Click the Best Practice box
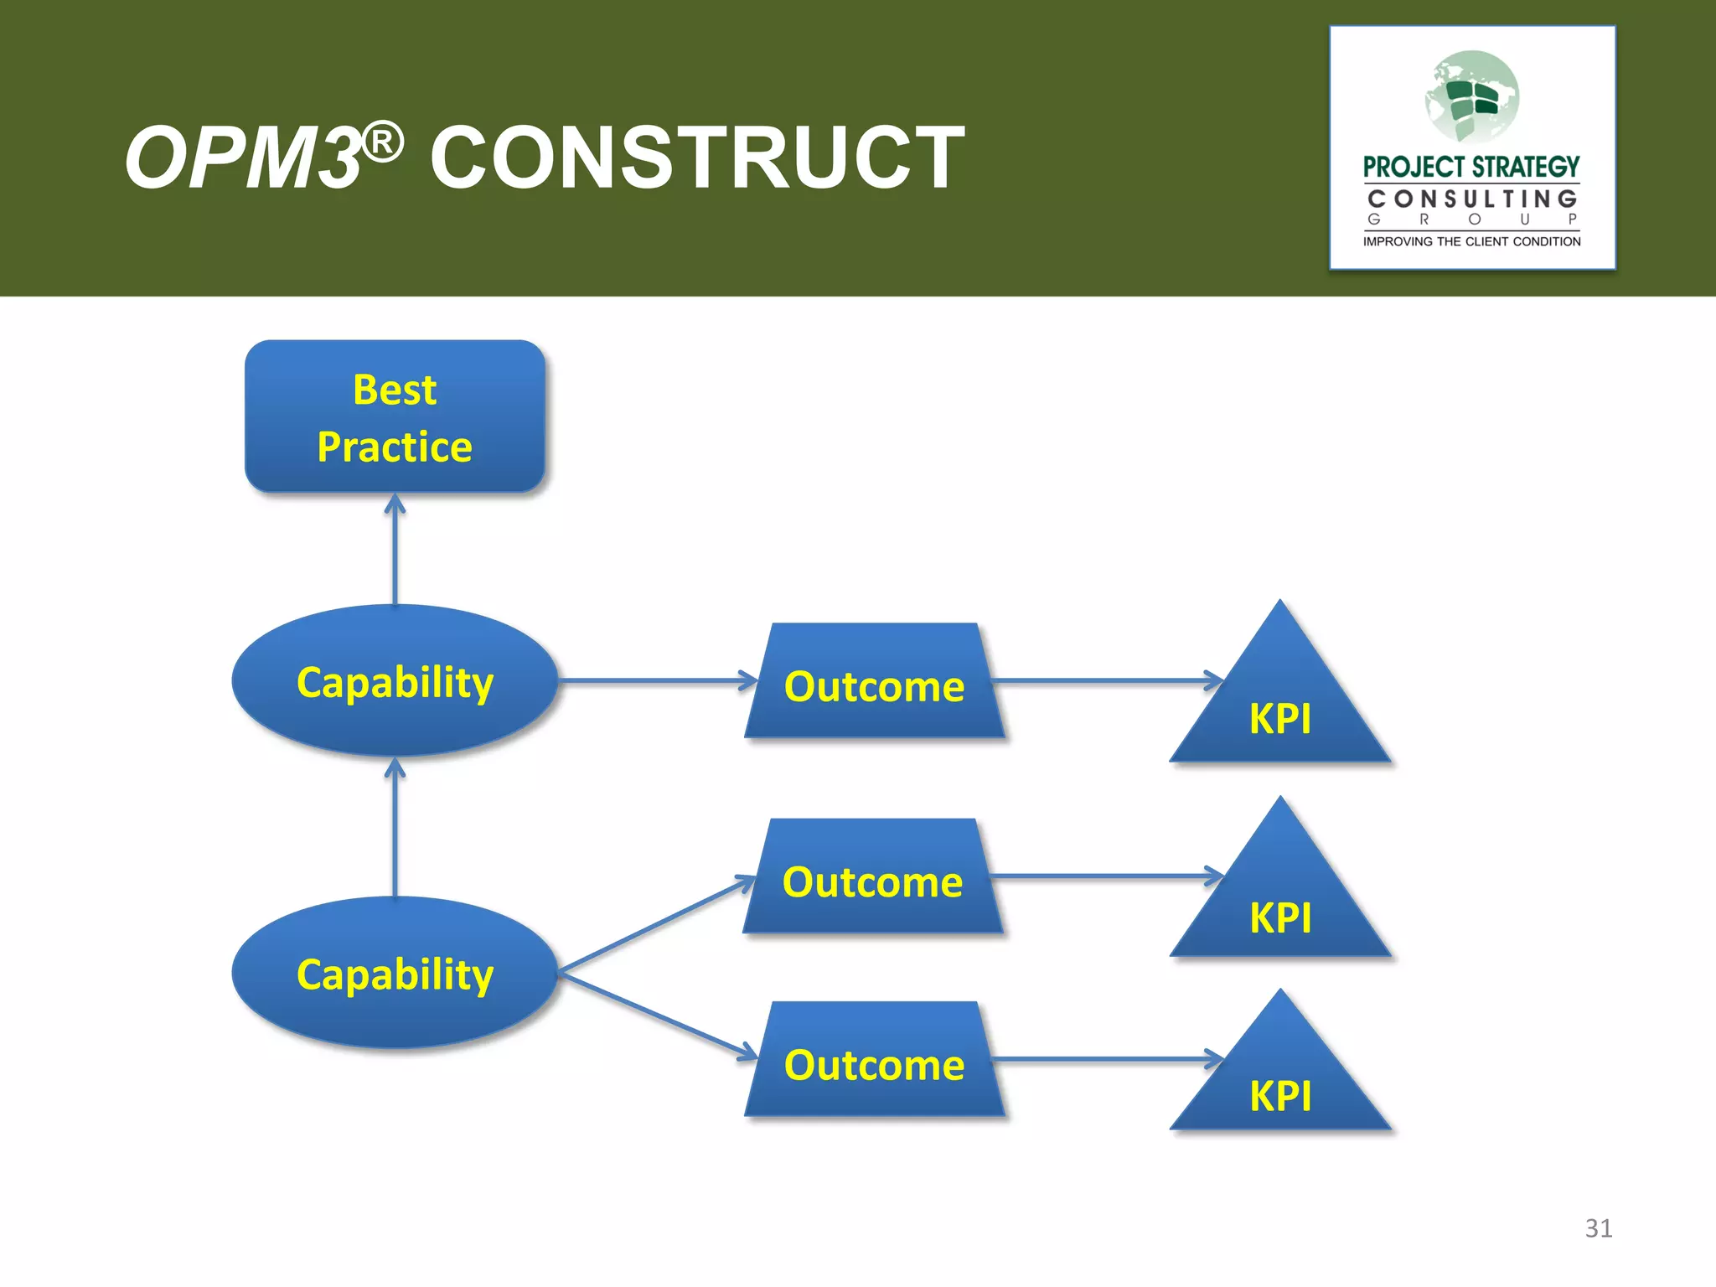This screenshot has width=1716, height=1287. click(x=395, y=416)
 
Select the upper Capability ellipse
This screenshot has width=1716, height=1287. click(x=395, y=680)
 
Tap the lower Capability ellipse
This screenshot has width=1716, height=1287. click(x=395, y=973)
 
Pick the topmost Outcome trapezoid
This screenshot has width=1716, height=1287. click(x=874, y=681)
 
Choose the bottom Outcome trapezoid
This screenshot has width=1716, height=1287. click(x=874, y=1060)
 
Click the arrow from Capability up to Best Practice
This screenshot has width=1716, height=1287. click(x=395, y=549)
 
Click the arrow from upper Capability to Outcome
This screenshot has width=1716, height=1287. click(x=658, y=680)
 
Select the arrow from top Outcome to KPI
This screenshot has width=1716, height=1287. click(x=1106, y=680)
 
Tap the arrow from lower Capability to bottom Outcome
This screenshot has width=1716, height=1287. click(x=658, y=1015)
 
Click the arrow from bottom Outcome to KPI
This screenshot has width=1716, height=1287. click(x=1106, y=1059)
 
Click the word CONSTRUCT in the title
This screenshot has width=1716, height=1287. click(x=697, y=158)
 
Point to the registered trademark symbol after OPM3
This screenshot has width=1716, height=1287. click(x=383, y=142)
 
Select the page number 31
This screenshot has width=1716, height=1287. click(x=1598, y=1228)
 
